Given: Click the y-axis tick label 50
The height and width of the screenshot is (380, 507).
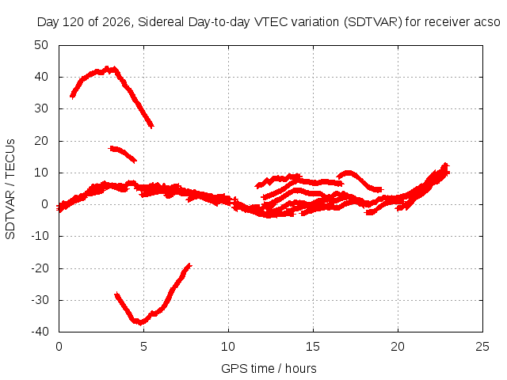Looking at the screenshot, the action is click(x=41, y=45).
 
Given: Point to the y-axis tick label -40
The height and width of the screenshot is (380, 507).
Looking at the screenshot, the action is click(x=40, y=332).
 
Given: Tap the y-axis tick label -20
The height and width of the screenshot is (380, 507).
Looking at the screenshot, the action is click(x=40, y=268).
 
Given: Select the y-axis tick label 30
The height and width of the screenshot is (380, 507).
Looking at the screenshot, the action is click(x=41, y=108).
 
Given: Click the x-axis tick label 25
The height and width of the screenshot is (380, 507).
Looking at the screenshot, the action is click(x=482, y=347).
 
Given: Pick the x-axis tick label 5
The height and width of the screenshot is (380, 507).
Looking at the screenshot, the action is click(x=143, y=347).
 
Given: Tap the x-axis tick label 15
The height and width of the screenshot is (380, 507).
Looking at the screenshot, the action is click(x=313, y=347).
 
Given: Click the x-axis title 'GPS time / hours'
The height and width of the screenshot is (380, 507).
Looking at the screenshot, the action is click(x=269, y=369).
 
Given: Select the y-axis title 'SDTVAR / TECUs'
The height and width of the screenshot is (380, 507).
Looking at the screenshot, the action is click(x=10, y=189).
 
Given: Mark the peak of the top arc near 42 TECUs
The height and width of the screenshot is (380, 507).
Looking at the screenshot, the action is click(x=108, y=69).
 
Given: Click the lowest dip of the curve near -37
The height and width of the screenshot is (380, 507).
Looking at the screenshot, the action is click(x=140, y=322).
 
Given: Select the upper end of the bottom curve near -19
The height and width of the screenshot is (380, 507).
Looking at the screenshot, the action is click(x=189, y=265).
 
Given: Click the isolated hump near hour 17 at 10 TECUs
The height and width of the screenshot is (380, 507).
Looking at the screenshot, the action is click(x=349, y=173).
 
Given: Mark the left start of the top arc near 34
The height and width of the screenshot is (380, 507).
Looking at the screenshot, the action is click(x=72, y=96).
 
